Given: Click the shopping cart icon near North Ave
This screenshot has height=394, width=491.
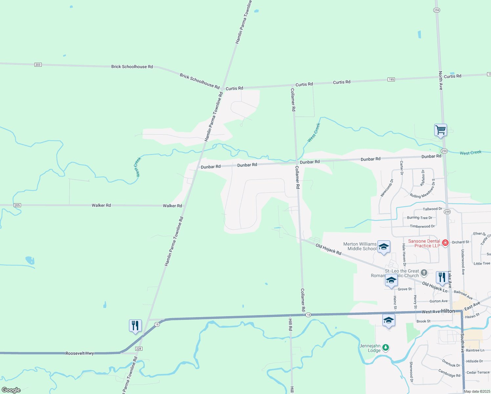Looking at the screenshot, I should point(440,130).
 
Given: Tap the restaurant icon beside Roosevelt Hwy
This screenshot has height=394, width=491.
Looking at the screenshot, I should point(135,325).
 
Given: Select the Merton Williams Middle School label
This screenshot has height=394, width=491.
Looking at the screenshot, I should point(360,246).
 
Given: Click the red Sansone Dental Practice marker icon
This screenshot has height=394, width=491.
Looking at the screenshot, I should point(445,243).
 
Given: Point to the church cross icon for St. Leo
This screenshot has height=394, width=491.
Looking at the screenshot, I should point(424,273).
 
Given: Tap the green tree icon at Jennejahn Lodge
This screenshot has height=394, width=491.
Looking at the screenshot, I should point(386,347).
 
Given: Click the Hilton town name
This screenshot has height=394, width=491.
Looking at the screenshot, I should point(448,311).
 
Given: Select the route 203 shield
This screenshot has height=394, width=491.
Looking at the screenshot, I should point(38,65).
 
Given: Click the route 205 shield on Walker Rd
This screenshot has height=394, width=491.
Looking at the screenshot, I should point(17,205).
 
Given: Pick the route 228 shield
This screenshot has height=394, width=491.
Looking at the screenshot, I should point(139,349).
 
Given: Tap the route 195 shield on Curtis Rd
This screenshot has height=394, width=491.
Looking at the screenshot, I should point(391,79).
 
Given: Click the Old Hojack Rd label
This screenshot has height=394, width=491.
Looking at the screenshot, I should point(329,249).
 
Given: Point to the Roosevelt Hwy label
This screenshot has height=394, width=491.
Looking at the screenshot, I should point(80,353).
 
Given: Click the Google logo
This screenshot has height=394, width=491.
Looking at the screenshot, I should point(11,390).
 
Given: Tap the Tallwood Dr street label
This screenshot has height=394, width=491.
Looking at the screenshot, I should point(432,209).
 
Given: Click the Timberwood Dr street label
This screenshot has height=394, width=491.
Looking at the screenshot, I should point(422,226).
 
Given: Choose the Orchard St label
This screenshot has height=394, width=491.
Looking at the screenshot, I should point(460,242).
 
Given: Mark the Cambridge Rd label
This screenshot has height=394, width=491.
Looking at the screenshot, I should point(449,373).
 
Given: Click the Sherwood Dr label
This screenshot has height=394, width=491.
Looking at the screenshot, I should point(411,372).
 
